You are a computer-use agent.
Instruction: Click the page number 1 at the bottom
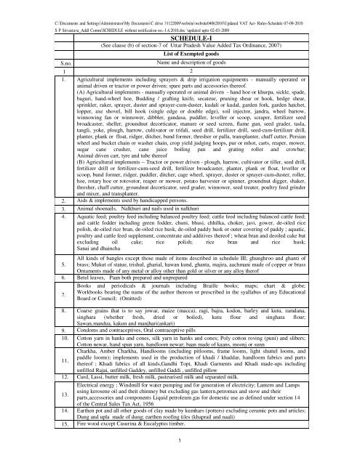(x=180, y=458)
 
